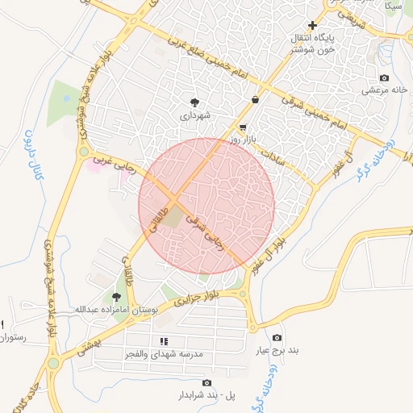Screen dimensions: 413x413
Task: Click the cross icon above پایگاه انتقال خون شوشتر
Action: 313,25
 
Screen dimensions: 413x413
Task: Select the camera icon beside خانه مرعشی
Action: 384,78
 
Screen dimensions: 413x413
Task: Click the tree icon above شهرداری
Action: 194,102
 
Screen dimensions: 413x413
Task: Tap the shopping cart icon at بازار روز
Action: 243,128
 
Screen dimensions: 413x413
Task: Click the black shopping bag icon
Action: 256,100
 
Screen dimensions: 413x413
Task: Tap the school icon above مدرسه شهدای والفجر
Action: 164,342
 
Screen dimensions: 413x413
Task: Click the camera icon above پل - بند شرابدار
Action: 206,383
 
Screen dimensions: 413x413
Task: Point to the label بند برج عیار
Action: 277,351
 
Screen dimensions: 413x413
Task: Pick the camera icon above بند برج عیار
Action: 277,338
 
